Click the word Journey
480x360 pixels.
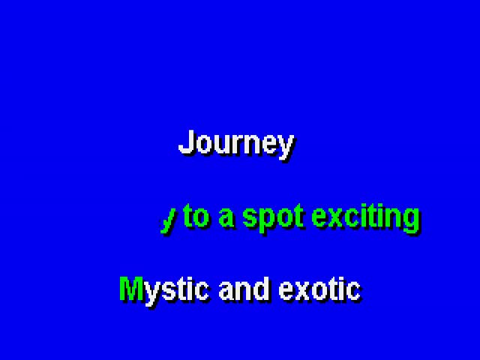point(236,145)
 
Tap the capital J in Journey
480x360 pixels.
point(185,142)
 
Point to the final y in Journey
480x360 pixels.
point(286,148)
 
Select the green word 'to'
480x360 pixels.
point(197,216)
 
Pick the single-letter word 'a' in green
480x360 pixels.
point(226,218)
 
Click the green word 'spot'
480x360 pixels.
point(273,219)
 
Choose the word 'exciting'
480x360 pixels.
point(366,219)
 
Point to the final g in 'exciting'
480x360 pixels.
point(412,222)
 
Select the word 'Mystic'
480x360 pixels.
point(164,292)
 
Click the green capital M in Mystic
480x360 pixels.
point(131,288)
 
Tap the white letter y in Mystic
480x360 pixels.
point(151,295)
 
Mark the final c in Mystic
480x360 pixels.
point(202,292)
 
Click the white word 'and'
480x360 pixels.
point(244,289)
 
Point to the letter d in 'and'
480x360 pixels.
point(262,289)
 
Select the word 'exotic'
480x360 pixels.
point(320,289)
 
